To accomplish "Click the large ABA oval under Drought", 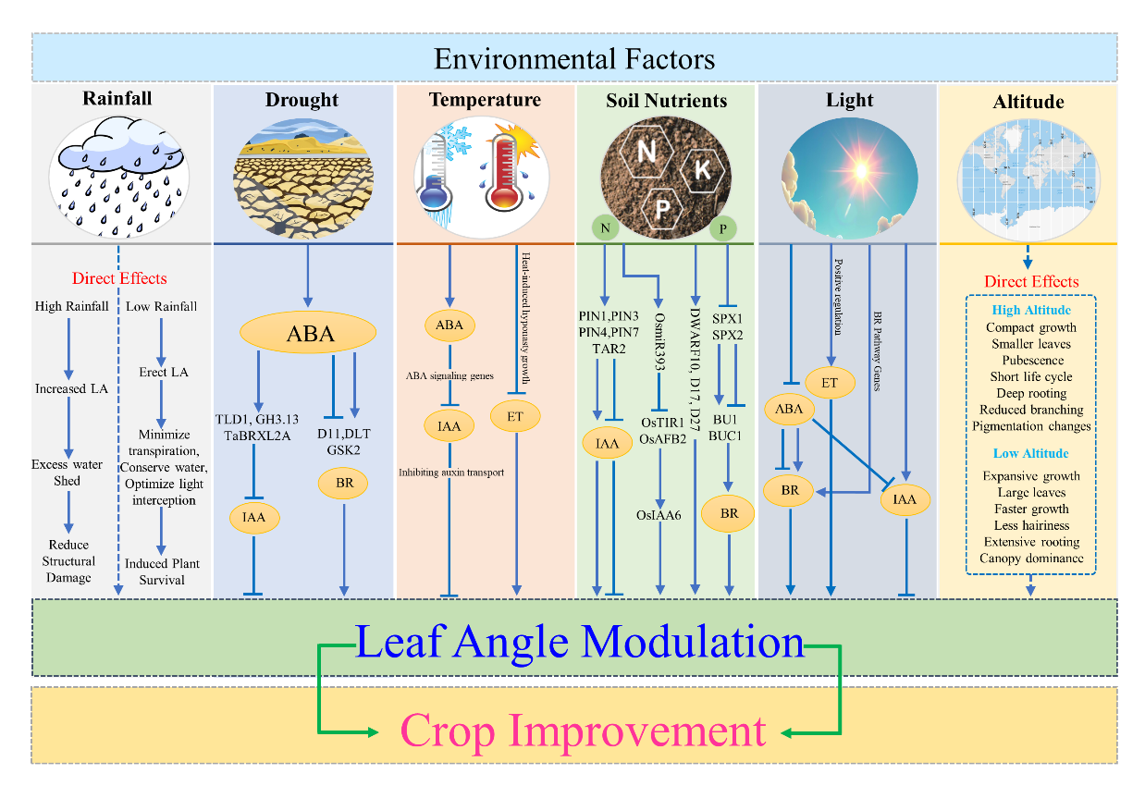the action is click(x=308, y=333).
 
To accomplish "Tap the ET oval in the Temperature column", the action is click(x=515, y=416).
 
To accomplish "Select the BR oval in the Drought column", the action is click(x=343, y=483).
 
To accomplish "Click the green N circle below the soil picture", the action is click(x=605, y=227).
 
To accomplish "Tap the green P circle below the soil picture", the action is click(x=722, y=228).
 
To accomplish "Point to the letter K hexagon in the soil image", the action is click(x=702, y=170).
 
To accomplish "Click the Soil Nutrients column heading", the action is click(x=667, y=101).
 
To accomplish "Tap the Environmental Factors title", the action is click(x=574, y=59).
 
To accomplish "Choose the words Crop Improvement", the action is click(x=584, y=731).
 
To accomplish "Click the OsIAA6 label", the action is click(x=659, y=515).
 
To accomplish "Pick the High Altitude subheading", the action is click(x=1031, y=310).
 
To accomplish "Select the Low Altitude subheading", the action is click(x=1030, y=453).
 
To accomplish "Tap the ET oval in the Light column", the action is click(x=830, y=383).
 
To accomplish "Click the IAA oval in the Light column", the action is click(x=905, y=499).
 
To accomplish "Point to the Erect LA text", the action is click(x=164, y=372).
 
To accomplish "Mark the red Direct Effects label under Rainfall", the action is click(x=119, y=278).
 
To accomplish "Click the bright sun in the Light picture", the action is click(x=860, y=170).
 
